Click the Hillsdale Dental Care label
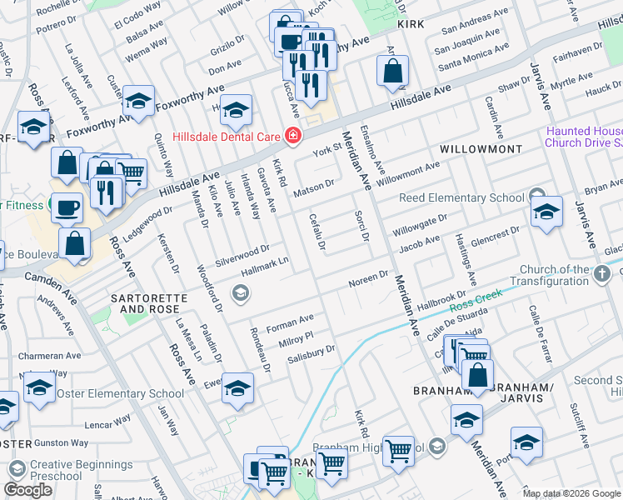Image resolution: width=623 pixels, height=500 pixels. point(225,136)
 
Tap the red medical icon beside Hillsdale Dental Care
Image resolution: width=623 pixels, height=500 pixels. point(292,135)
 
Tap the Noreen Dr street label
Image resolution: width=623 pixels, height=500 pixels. point(368,277)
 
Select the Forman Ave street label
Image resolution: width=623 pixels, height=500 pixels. point(290,320)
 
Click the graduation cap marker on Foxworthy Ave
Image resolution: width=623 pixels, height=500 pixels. point(138,101)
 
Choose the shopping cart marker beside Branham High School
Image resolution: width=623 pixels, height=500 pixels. point(399,450)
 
